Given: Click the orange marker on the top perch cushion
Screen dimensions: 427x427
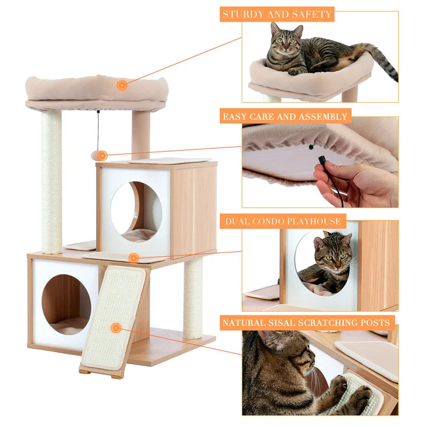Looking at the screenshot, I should pos(122,85).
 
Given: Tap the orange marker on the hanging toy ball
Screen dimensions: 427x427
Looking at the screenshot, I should pos(102,155).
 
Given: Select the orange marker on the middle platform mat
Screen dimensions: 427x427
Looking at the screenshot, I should pos(133,258).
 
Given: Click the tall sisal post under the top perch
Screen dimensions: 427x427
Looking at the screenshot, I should pos(52,181).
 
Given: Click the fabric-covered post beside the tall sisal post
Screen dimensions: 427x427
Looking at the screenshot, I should pos(141,133).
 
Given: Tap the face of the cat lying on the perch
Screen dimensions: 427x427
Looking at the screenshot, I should pos(284,43).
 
